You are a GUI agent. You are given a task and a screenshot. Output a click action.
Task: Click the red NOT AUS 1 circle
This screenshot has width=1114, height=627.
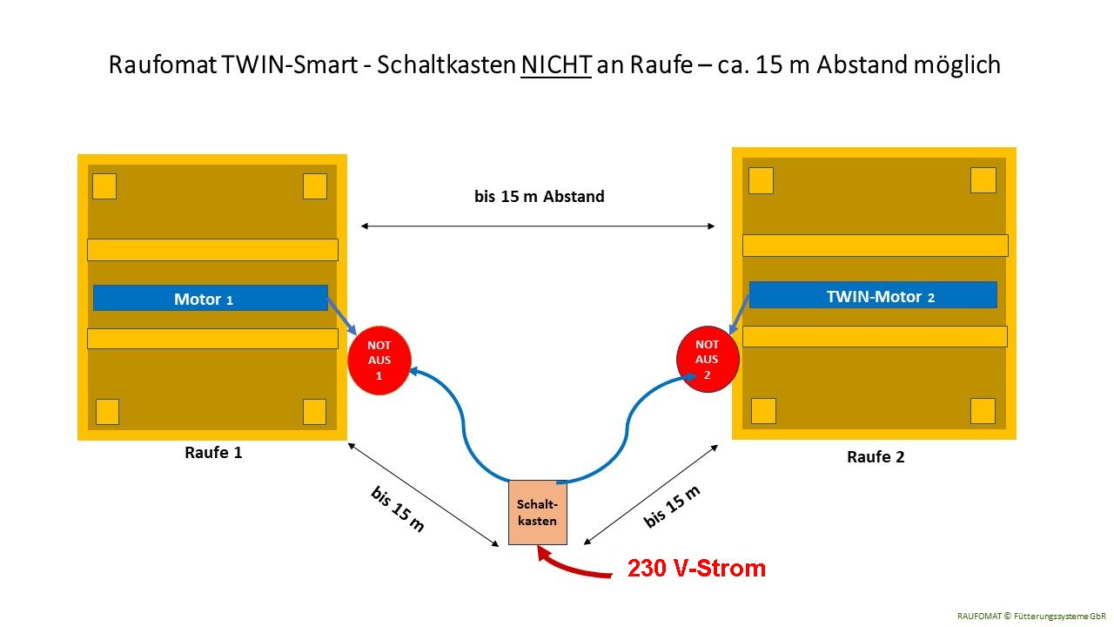pyautogui.click(x=379, y=361)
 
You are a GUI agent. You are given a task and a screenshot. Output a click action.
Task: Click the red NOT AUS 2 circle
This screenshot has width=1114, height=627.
pyautogui.click(x=708, y=359)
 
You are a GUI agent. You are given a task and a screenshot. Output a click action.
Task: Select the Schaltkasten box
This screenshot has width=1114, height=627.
pyautogui.click(x=537, y=513)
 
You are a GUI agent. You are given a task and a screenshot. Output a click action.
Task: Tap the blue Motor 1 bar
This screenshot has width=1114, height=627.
pyautogui.click(x=210, y=299)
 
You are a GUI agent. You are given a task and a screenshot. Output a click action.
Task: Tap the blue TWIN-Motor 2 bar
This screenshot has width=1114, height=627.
pyautogui.click(x=872, y=295)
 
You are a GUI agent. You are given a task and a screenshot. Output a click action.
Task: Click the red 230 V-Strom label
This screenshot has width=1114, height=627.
pyautogui.click(x=696, y=569)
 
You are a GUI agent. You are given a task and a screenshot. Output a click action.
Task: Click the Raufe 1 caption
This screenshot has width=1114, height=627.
pyautogui.click(x=213, y=453)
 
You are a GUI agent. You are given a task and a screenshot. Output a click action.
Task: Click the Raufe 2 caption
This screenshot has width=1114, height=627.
pyautogui.click(x=876, y=457)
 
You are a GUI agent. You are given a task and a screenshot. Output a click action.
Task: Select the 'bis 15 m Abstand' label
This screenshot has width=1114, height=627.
pyautogui.click(x=539, y=197)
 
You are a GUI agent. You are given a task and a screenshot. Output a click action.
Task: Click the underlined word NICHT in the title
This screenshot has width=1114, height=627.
pyautogui.click(x=556, y=65)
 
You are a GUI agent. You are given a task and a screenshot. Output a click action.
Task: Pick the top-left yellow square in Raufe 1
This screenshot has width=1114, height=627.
pyautogui.click(x=104, y=186)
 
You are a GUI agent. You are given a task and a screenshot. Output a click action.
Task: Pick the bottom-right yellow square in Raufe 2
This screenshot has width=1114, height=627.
pyautogui.click(x=983, y=410)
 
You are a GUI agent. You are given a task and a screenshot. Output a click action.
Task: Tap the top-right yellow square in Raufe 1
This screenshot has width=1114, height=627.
pyautogui.click(x=315, y=186)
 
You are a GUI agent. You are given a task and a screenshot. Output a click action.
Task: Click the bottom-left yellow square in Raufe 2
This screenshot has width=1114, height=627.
pyautogui.click(x=763, y=410)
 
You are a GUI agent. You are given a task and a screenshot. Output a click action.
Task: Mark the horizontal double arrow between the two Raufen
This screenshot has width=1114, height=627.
pyautogui.click(x=538, y=226)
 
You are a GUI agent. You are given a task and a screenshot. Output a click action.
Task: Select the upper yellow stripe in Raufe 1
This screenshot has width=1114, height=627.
pyautogui.click(x=212, y=250)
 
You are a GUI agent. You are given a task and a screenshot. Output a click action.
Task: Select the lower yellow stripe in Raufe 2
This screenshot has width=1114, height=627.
pyautogui.click(x=874, y=336)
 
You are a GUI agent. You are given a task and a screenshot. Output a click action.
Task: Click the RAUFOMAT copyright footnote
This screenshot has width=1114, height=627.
pyautogui.click(x=1031, y=616)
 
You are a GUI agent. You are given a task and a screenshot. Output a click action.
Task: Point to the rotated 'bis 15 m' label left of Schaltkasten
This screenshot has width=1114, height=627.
pyautogui.click(x=398, y=509)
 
